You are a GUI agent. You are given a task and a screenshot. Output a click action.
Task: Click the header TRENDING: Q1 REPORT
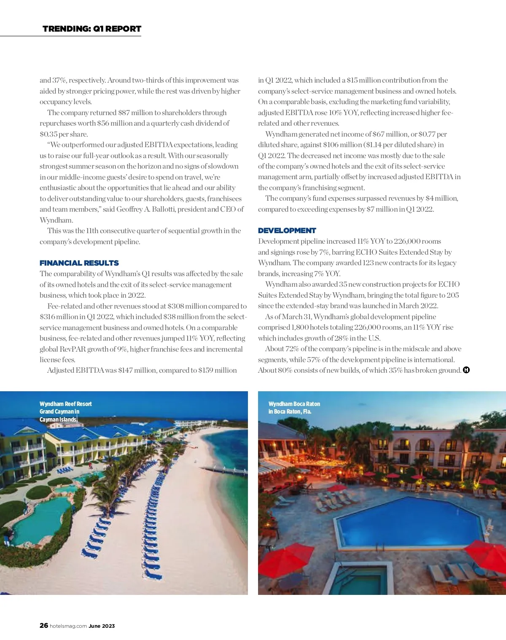[92, 29]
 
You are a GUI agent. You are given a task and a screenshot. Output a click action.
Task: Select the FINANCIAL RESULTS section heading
[79, 263]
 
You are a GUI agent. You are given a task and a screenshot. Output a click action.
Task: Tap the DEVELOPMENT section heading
[287, 231]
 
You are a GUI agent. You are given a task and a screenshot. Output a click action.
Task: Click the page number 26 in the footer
[43, 626]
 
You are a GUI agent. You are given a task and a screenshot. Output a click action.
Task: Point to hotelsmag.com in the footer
[68, 626]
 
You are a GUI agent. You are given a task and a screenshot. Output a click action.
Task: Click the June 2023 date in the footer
[102, 626]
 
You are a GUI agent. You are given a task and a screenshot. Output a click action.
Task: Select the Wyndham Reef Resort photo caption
[65, 411]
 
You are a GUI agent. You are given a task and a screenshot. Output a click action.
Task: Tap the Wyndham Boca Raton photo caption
[294, 408]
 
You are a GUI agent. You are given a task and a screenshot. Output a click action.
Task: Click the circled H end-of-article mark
[466, 370]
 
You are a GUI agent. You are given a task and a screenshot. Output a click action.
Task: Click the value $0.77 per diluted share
[427, 134]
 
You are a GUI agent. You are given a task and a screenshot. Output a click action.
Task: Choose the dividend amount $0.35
[48, 134]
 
